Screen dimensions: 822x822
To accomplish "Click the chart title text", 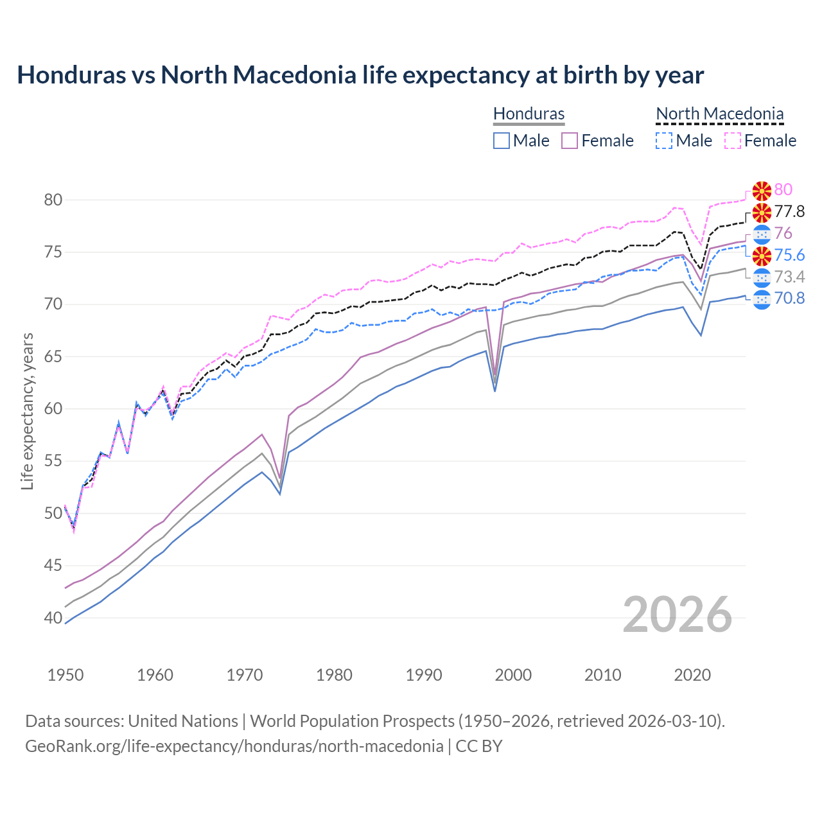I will pyautogui.click(x=360, y=75).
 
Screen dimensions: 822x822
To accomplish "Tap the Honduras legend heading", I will pyautogui.click(x=529, y=114).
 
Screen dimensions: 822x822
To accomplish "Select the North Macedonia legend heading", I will pyautogui.click(x=719, y=114).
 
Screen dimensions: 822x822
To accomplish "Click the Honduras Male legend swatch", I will pyautogui.click(x=502, y=141).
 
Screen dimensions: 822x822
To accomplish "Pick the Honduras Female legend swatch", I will pyautogui.click(x=570, y=141).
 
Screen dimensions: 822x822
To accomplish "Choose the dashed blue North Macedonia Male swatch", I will pyautogui.click(x=664, y=141).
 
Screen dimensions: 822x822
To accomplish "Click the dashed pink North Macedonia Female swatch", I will pyautogui.click(x=733, y=141).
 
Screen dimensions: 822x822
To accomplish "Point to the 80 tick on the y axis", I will pyautogui.click(x=53, y=200).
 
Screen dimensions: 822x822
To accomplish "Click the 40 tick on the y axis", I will pyautogui.click(x=53, y=618).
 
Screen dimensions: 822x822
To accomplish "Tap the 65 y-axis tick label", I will pyautogui.click(x=53, y=356).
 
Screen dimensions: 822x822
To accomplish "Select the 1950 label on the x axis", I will pyautogui.click(x=66, y=675).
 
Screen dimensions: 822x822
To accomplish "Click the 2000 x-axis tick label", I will pyautogui.click(x=513, y=675).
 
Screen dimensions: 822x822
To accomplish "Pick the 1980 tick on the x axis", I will pyautogui.click(x=334, y=675).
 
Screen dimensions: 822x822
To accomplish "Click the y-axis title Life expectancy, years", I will pyautogui.click(x=28, y=411).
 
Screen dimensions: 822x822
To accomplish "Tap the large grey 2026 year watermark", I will pyautogui.click(x=677, y=615).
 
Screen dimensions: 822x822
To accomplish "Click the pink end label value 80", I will pyautogui.click(x=783, y=189).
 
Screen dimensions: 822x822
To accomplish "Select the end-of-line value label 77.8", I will pyautogui.click(x=789, y=211).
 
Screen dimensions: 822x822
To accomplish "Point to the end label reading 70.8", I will pyautogui.click(x=789, y=299).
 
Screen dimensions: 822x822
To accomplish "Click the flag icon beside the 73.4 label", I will pyautogui.click(x=762, y=277).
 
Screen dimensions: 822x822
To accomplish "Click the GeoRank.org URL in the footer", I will pyautogui.click(x=234, y=746).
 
